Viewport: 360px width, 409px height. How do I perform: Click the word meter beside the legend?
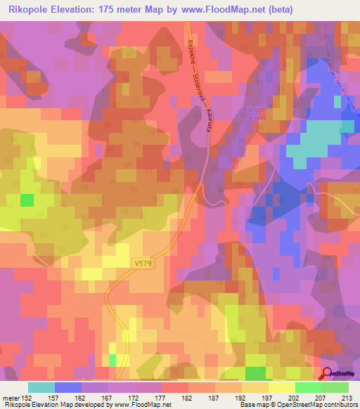point(11,397)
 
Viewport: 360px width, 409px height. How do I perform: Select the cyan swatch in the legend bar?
point(41,387)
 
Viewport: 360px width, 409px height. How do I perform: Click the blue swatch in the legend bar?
point(68,387)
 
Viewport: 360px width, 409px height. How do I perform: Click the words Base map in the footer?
point(252,405)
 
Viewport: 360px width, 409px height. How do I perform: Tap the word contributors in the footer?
point(340,405)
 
